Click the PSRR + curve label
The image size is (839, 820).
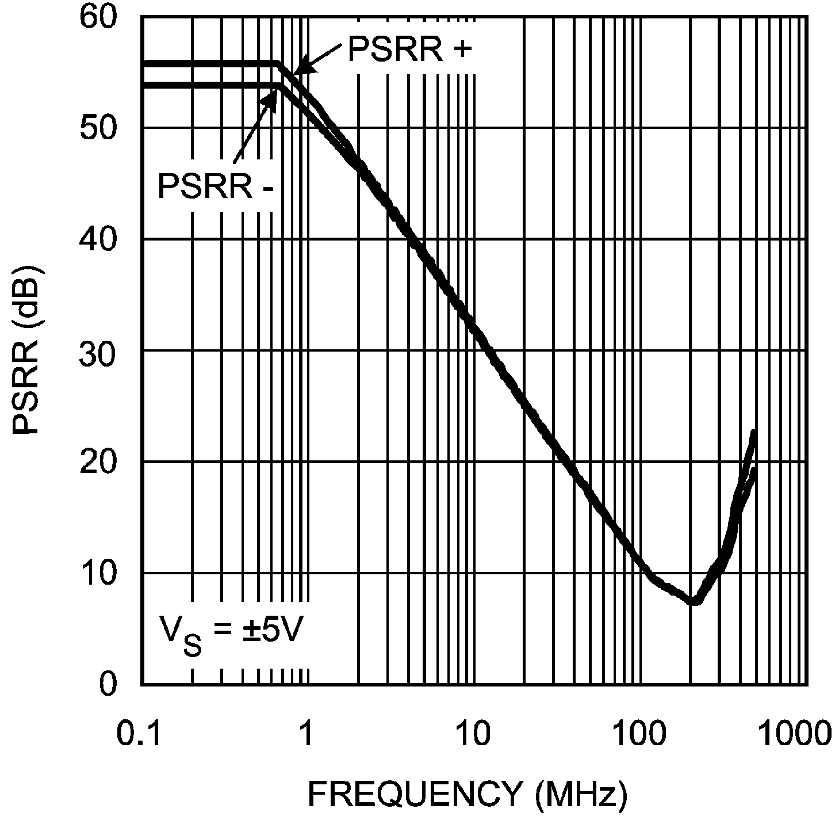(409, 50)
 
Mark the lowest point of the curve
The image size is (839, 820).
(695, 601)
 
